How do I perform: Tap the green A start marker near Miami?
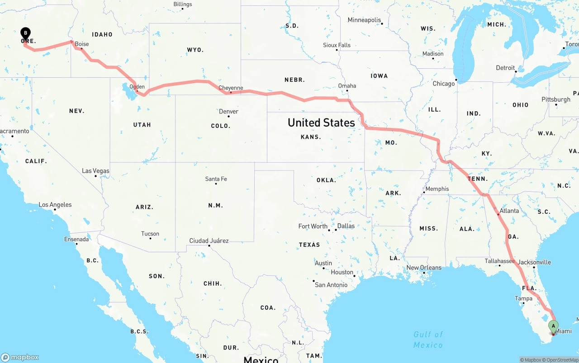point(553,325)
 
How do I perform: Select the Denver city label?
point(228,112)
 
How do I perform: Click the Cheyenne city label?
point(231,88)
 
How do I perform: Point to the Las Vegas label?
point(95,171)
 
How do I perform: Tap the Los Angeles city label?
point(55,205)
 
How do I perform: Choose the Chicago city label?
point(444,84)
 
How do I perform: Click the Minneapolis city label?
point(365,20)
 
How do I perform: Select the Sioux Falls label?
point(337,45)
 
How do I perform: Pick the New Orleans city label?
point(424,268)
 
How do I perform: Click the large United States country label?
point(321,123)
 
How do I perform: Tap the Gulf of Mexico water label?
point(428,339)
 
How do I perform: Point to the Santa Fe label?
point(216,179)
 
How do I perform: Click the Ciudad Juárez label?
point(209,240)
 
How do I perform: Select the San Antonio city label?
point(331,285)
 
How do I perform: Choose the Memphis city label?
point(437,189)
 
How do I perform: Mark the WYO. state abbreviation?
point(195,50)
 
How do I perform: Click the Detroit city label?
point(505,68)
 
